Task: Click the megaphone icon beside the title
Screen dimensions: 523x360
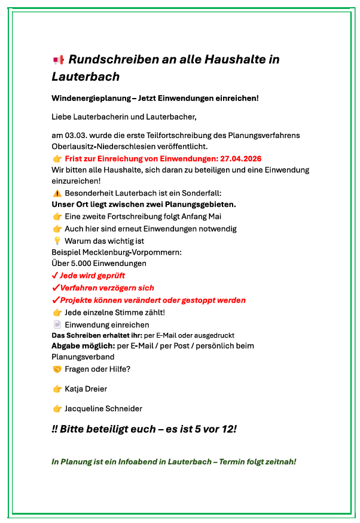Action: [x=58, y=59]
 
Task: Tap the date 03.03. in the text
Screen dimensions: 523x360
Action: [x=75, y=135]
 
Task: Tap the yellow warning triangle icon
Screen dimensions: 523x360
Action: [x=57, y=193]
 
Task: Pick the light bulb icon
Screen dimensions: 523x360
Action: [x=57, y=240]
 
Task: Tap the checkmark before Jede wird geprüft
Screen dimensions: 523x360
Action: [x=55, y=276]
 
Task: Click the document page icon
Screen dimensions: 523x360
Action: [x=57, y=325]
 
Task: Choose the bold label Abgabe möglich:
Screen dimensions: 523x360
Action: [x=83, y=345]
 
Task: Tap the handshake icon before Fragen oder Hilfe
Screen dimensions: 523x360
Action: [x=57, y=369]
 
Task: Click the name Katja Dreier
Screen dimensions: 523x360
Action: [x=86, y=389]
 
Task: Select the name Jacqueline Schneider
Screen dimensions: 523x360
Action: [x=103, y=408]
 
